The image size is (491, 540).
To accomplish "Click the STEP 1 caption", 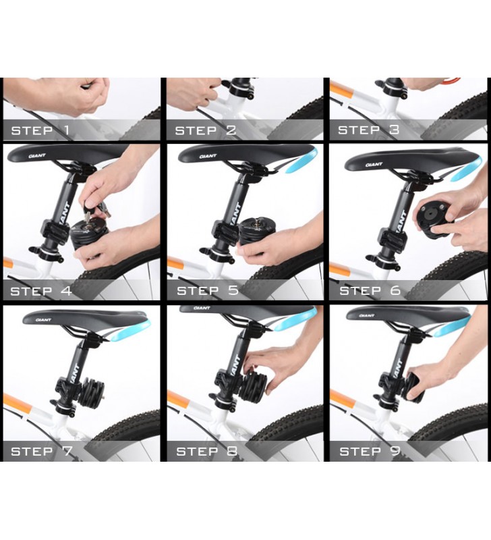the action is click(x=40, y=130).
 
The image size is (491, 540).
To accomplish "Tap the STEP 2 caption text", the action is click(x=206, y=130).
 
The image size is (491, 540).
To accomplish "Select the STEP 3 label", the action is click(x=368, y=130).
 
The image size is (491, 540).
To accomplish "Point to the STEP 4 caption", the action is click(x=41, y=291).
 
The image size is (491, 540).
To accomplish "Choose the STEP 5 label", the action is click(x=208, y=290).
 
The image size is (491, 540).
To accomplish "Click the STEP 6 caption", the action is click(x=370, y=291).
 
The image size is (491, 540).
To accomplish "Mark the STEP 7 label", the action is click(x=42, y=451).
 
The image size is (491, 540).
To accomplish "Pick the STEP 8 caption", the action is click(x=207, y=451).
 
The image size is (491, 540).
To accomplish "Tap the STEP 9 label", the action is click(x=370, y=451).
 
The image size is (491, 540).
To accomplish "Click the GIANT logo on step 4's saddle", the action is click(x=37, y=156).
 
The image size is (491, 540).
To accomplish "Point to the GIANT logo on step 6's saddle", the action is click(x=374, y=165).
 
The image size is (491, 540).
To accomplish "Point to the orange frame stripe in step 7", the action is click(x=18, y=403).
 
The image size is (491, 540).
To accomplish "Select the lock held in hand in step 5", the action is click(x=256, y=232).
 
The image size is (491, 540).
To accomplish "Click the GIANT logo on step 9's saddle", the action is click(x=367, y=315).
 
